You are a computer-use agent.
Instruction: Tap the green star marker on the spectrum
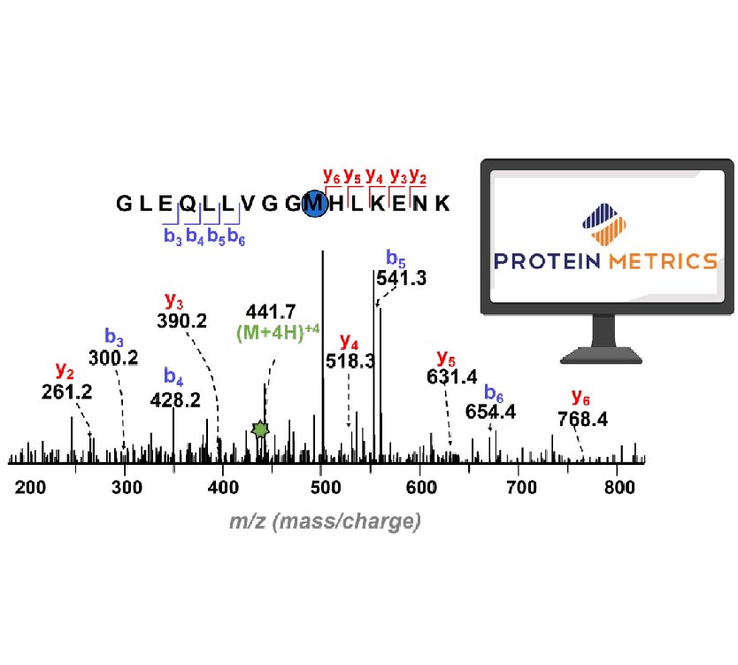click(x=259, y=429)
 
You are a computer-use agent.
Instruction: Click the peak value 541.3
click(x=402, y=278)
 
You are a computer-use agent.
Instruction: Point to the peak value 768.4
click(x=582, y=419)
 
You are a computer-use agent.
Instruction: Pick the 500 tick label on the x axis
click(x=324, y=486)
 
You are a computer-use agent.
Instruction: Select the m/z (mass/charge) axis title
click(x=324, y=522)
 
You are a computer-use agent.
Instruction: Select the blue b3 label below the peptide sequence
click(x=172, y=236)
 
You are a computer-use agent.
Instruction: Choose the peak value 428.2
click(x=175, y=400)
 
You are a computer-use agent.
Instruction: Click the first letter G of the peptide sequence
click(x=125, y=205)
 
